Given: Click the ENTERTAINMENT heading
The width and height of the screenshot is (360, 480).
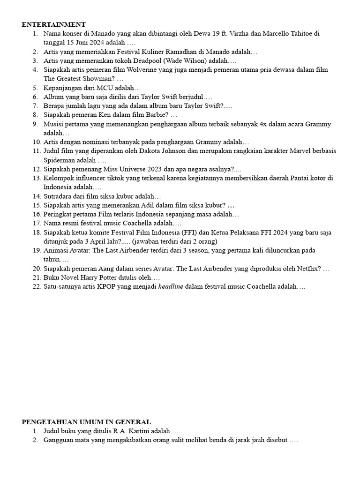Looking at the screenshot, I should click(54, 24).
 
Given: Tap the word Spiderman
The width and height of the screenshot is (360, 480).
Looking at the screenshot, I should click(60, 160).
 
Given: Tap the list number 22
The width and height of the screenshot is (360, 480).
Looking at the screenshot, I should click(37, 287).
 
